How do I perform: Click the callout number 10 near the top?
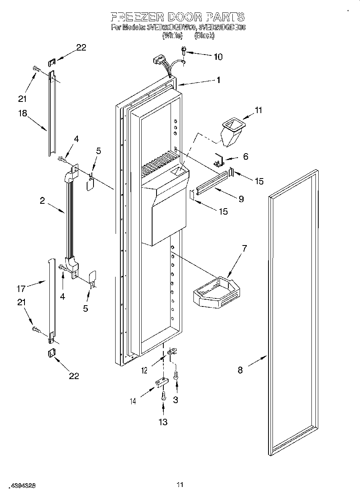[x=218, y=57]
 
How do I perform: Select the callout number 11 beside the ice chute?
[x=258, y=110]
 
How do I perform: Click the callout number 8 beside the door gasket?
[x=240, y=370]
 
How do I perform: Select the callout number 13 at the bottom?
[x=163, y=422]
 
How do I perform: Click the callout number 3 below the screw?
[x=175, y=400]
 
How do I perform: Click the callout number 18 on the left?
[x=22, y=113]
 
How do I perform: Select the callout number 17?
[x=21, y=288]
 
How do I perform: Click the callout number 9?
[x=241, y=199]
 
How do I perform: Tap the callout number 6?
[x=246, y=156]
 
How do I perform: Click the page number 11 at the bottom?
[x=180, y=485]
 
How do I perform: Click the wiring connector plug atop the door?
[x=159, y=61]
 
